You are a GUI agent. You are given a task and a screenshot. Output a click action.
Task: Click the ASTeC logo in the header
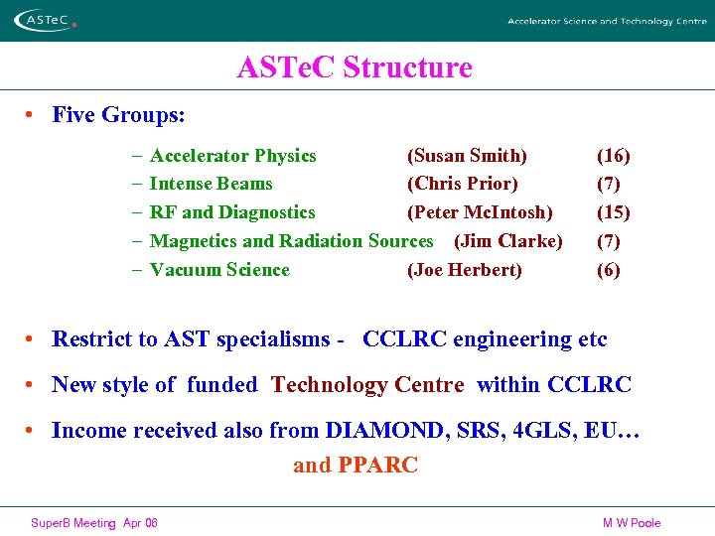(x=44, y=20)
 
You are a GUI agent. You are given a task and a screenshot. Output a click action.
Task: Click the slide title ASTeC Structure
(x=355, y=67)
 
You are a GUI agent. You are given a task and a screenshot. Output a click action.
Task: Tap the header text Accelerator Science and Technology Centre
(x=606, y=21)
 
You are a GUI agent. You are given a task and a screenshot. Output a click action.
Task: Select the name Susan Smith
(x=467, y=156)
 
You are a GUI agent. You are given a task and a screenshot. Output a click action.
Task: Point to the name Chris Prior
(x=462, y=184)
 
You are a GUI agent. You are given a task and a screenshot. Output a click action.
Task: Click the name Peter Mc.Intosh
(x=480, y=212)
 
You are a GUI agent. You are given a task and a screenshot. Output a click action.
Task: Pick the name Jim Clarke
(x=507, y=241)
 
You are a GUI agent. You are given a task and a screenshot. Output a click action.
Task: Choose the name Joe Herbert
(x=464, y=270)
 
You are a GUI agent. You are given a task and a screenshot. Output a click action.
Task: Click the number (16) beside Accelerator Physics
(x=613, y=156)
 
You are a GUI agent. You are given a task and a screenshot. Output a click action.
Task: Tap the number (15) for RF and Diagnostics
(x=613, y=212)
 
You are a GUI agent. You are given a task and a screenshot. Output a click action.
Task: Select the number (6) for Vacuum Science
(x=608, y=270)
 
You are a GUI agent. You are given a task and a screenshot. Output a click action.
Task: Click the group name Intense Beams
(x=211, y=184)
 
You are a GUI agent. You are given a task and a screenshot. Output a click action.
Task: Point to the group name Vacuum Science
(x=219, y=270)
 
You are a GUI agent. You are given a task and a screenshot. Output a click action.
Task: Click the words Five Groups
(x=118, y=115)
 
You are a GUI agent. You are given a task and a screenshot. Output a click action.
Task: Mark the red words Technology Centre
(x=367, y=385)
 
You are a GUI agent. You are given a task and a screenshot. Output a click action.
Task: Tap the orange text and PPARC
(x=356, y=465)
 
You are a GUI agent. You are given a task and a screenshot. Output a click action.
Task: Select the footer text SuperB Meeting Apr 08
(x=94, y=523)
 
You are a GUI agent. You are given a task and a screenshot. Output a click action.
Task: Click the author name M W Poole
(x=631, y=523)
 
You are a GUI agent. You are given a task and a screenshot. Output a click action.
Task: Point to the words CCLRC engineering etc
(x=485, y=339)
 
